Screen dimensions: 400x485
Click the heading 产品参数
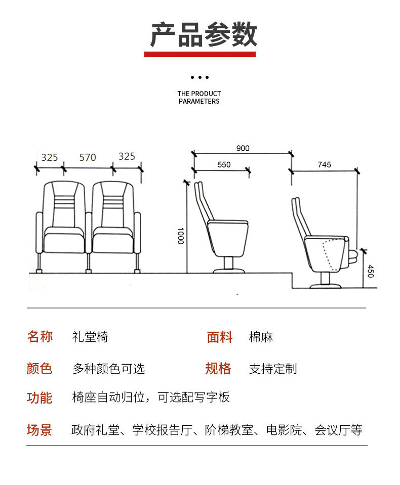point(204,34)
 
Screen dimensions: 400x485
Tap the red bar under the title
point(200,54)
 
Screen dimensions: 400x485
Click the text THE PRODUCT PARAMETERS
point(199,97)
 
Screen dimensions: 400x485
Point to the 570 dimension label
point(88,157)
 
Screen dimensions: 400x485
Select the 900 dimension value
point(243,148)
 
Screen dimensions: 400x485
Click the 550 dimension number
point(224,164)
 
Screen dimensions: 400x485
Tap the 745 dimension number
point(324,164)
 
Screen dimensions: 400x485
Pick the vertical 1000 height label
point(180,235)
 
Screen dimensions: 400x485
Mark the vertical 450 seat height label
point(370,271)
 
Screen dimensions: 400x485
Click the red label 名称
point(39,337)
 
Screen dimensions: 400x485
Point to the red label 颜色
point(39,368)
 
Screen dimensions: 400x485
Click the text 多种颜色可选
point(108,369)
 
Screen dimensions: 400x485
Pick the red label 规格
point(218,368)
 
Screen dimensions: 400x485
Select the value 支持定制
point(273,369)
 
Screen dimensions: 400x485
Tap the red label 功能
point(39,398)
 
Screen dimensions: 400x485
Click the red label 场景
point(39,430)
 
